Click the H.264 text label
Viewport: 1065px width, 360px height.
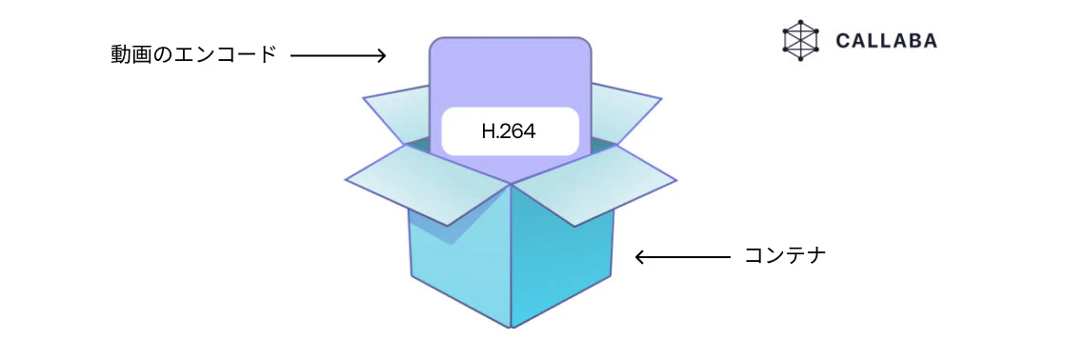point(509,131)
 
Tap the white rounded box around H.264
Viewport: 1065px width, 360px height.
point(510,131)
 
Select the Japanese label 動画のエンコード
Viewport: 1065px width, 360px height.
point(193,55)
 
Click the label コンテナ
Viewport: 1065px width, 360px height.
point(785,256)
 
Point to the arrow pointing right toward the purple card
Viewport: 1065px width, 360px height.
point(338,55)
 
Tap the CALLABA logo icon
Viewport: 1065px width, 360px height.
point(801,41)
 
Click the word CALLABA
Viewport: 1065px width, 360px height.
point(886,42)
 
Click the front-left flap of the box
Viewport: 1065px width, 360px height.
point(428,184)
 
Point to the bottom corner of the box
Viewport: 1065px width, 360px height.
point(511,328)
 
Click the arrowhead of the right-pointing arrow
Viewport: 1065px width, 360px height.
point(382,55)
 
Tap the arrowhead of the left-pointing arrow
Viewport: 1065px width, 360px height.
point(640,257)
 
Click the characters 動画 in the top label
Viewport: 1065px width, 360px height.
point(131,55)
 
